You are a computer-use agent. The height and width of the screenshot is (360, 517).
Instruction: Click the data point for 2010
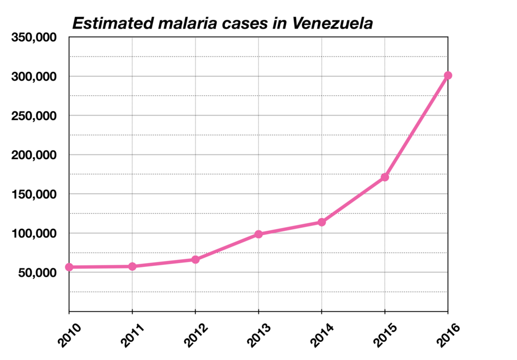pyautogui.click(x=69, y=267)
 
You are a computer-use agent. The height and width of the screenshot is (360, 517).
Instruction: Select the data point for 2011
pyautogui.click(x=132, y=266)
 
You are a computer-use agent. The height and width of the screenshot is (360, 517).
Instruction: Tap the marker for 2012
pyautogui.click(x=195, y=259)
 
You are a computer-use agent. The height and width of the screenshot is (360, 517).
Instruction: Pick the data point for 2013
pyautogui.click(x=258, y=234)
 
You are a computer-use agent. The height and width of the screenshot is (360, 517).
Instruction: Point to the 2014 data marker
pyautogui.click(x=322, y=222)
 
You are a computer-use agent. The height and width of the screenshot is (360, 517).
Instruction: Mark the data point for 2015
pyautogui.click(x=385, y=177)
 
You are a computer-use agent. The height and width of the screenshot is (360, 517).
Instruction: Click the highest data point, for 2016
pyautogui.click(x=448, y=75)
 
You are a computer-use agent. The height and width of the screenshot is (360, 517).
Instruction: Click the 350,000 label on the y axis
pyautogui.click(x=34, y=38)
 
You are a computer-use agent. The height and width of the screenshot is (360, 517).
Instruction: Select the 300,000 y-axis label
pyautogui.click(x=34, y=77)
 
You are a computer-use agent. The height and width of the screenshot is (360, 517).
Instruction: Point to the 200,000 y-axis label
pyautogui.click(x=34, y=155)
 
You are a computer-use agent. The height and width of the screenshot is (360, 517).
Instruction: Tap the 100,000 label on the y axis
pyautogui.click(x=34, y=234)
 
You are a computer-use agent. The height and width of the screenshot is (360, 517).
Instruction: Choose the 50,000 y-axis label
pyautogui.click(x=37, y=273)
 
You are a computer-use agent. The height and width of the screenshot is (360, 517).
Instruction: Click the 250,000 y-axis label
pyautogui.click(x=34, y=116)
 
